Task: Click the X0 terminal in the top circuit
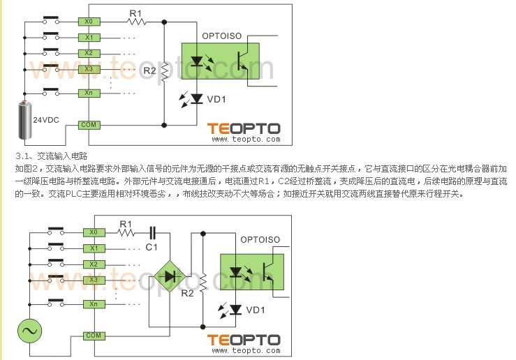[x=89, y=22]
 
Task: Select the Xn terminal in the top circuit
[x=89, y=92]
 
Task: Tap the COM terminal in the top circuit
[x=89, y=124]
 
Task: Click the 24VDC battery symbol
[x=27, y=118]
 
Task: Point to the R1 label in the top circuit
[x=135, y=13]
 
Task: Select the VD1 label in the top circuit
[x=216, y=99]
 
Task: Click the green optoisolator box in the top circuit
[x=220, y=61]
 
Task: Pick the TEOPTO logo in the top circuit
[x=244, y=128]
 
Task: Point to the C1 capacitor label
[x=152, y=247]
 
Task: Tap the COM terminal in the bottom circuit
[x=93, y=336]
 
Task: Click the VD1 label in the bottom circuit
[x=256, y=310]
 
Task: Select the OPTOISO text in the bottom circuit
[x=260, y=240]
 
